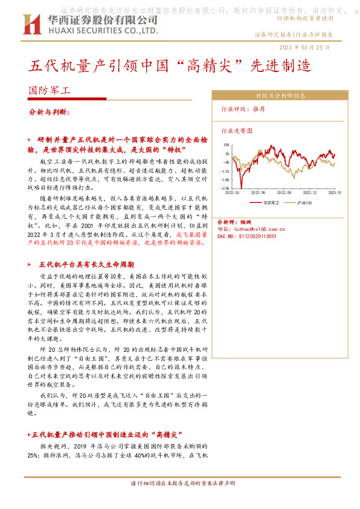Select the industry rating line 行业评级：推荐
click(243, 109)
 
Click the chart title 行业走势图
click(237, 130)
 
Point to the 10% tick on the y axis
click(225, 145)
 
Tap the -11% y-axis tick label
click(225, 171)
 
